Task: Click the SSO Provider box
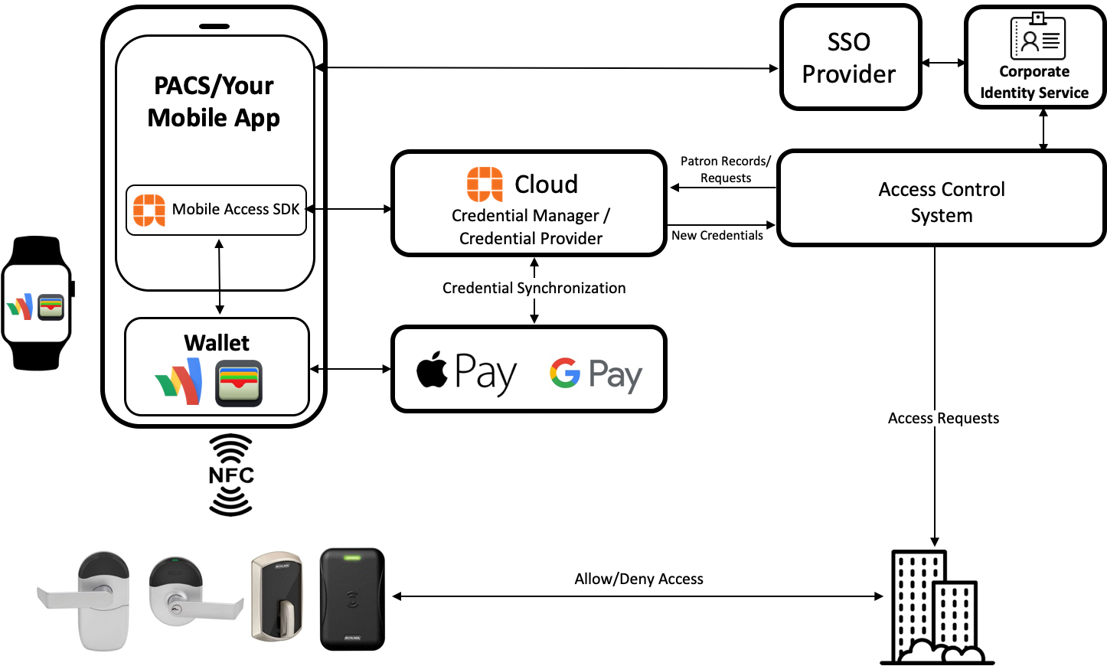pyautogui.click(x=850, y=57)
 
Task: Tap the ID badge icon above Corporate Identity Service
pyautogui.click(x=1037, y=37)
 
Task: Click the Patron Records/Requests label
pyautogui.click(x=726, y=169)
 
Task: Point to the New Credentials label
pyautogui.click(x=717, y=236)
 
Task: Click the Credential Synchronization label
pyautogui.click(x=534, y=288)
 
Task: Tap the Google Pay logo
pyautogui.click(x=596, y=374)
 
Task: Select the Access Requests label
pyautogui.click(x=943, y=418)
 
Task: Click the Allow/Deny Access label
pyautogui.click(x=638, y=579)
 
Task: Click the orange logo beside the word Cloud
pyautogui.click(x=485, y=184)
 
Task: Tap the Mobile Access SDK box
pyautogui.click(x=216, y=210)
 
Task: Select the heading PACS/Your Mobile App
pyautogui.click(x=214, y=101)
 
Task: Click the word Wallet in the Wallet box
pyautogui.click(x=217, y=342)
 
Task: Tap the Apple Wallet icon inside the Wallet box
pyautogui.click(x=239, y=383)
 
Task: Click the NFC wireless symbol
pyautogui.click(x=231, y=475)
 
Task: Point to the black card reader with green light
pyautogui.click(x=352, y=599)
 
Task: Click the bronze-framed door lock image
pyautogui.click(x=277, y=597)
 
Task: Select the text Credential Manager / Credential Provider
pyautogui.click(x=531, y=227)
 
